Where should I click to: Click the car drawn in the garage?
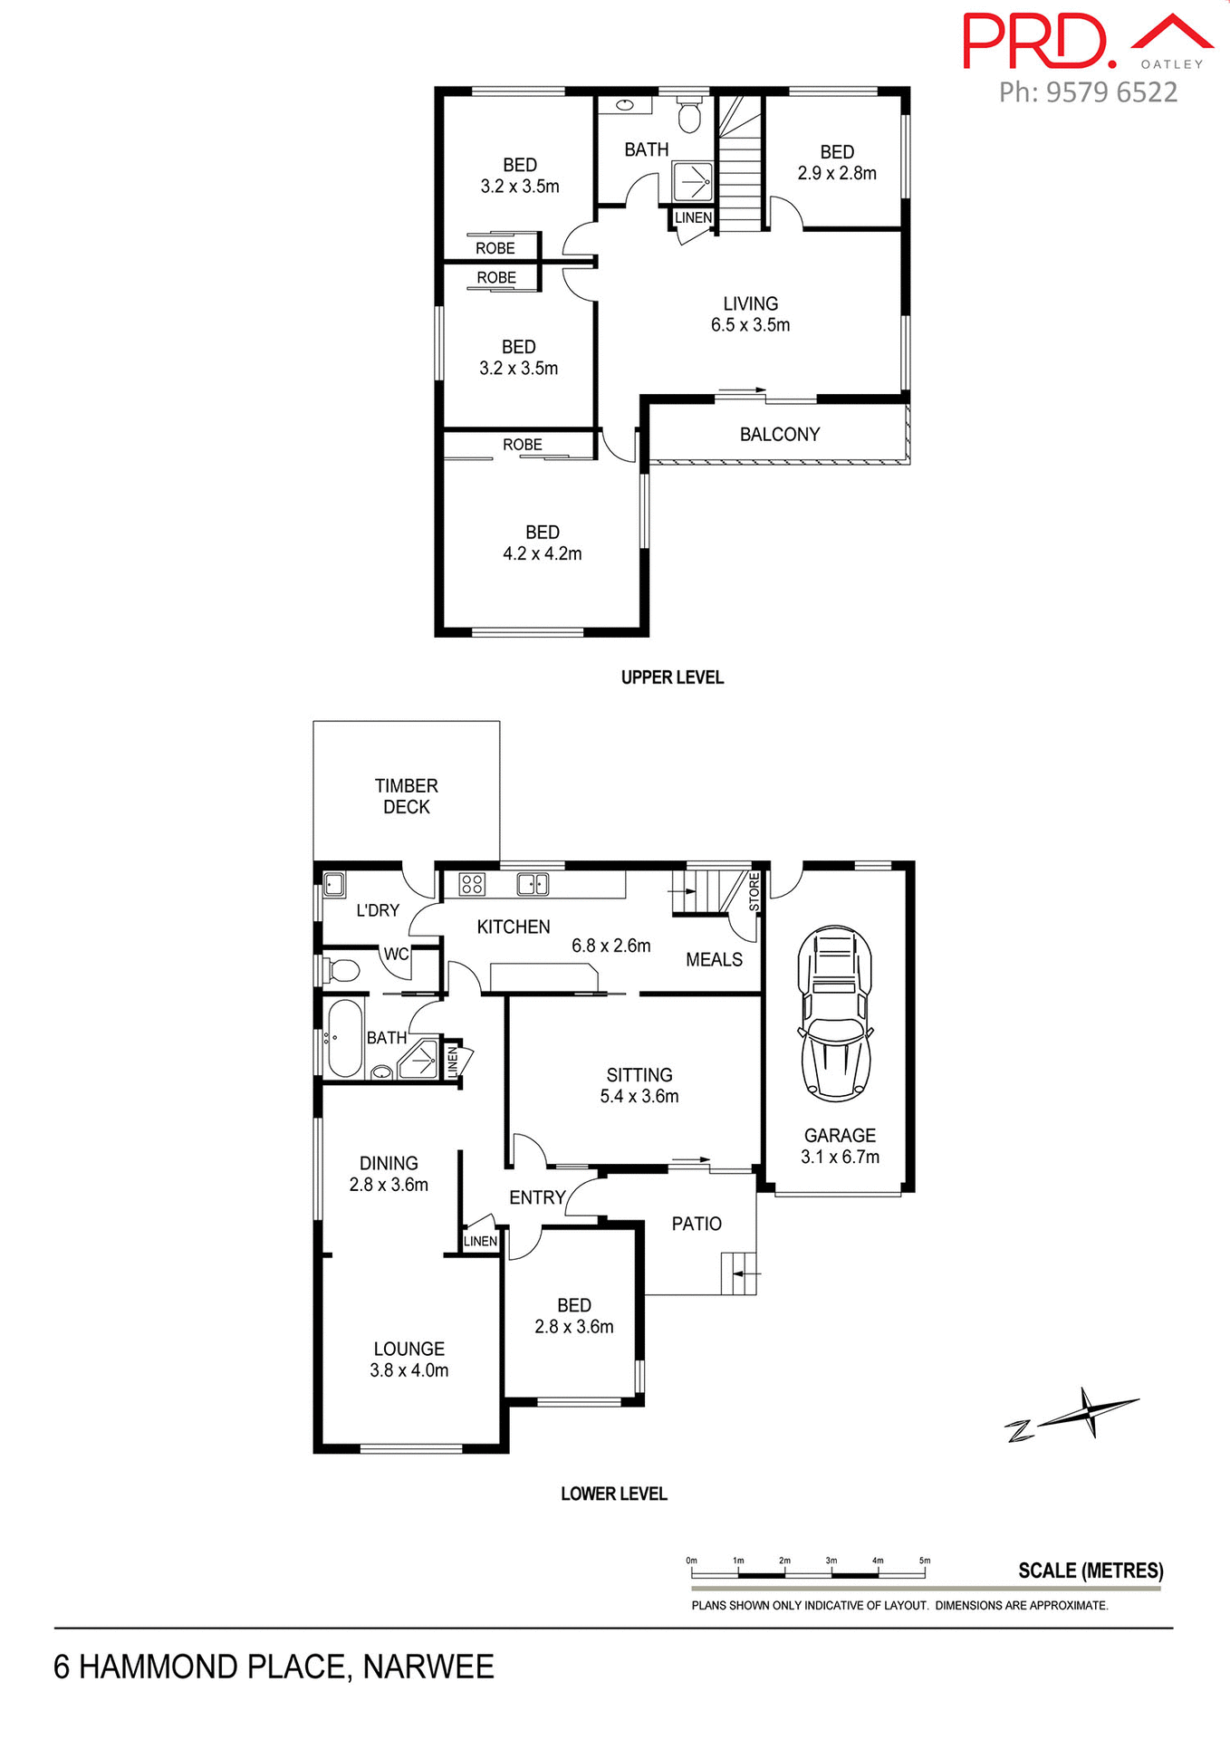tap(835, 1014)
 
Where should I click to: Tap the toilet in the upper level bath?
tap(690, 115)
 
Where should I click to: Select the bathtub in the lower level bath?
tap(345, 1038)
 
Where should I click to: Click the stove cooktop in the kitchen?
tap(472, 883)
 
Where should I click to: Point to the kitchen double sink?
tap(533, 883)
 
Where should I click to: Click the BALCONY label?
tap(779, 435)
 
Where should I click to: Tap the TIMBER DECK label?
tap(406, 796)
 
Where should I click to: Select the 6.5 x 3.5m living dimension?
tap(750, 325)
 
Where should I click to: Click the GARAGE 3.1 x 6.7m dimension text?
tap(840, 1157)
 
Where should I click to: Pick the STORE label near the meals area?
tap(754, 892)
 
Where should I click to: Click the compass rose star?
tap(1090, 1411)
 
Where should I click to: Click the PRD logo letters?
tap(1037, 42)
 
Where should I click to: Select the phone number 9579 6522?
tap(1111, 92)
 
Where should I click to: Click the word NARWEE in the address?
tap(428, 1667)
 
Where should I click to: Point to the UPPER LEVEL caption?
tap(672, 677)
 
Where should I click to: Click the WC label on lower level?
tap(396, 954)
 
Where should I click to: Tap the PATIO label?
tap(697, 1224)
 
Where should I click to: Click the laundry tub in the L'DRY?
tap(334, 884)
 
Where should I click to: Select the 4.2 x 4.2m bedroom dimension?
tap(542, 553)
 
